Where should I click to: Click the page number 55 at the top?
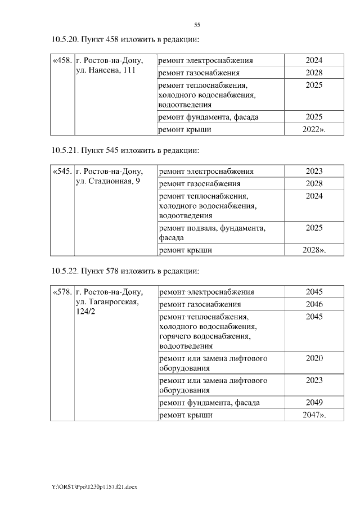pyautogui.click(x=197, y=25)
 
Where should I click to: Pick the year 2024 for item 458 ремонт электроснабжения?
pyautogui.click(x=314, y=61)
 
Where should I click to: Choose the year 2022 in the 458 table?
pyautogui.click(x=314, y=129)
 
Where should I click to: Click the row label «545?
pyautogui.click(x=61, y=172)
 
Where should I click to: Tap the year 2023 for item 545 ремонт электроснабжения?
pyautogui.click(x=314, y=172)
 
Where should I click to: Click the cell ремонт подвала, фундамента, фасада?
pyautogui.click(x=213, y=233)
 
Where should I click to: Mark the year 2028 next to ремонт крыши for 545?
pyautogui.click(x=314, y=250)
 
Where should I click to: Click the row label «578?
pyautogui.click(x=61, y=292)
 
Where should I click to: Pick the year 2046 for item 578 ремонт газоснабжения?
pyautogui.click(x=314, y=304)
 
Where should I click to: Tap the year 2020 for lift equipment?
pyautogui.click(x=314, y=358)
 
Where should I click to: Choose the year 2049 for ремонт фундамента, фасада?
pyautogui.click(x=314, y=403)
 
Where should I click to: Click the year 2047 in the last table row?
pyautogui.click(x=314, y=415)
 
